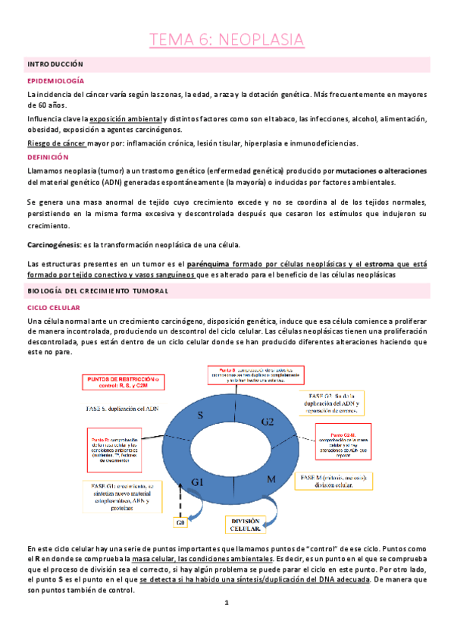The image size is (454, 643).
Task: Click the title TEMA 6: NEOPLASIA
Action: click(227, 39)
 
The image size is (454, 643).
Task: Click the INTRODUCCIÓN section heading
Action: click(55, 64)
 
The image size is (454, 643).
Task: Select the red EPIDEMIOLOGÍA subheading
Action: click(55, 80)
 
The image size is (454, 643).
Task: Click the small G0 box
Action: click(180, 522)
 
